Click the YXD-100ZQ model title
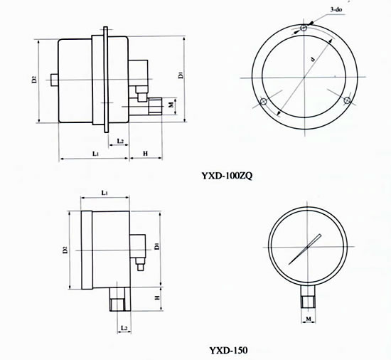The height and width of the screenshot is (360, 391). (227, 176)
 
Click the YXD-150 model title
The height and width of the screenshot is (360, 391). (228, 350)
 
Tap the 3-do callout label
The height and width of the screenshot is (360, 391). (336, 10)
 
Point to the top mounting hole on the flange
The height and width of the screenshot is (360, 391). (304, 28)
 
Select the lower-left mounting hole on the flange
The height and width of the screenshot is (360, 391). (263, 102)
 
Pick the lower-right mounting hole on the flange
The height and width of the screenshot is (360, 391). (347, 100)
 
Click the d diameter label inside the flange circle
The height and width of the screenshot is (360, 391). (313, 59)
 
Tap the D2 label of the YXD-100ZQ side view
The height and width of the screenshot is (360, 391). (34, 80)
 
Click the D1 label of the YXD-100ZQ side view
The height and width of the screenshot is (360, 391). (181, 75)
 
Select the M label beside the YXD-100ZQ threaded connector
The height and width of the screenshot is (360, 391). (171, 105)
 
